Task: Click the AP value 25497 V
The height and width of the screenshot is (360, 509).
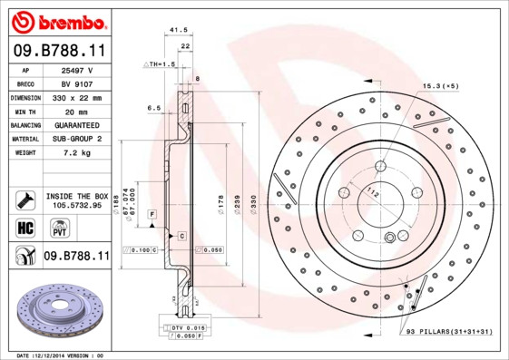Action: tap(77, 69)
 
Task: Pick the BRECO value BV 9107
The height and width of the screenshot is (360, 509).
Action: tap(77, 83)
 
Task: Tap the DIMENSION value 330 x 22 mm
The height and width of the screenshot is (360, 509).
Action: tap(77, 97)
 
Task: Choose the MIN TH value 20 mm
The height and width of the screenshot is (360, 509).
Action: tap(77, 111)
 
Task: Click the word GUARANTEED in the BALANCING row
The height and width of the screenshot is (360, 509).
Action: tap(77, 124)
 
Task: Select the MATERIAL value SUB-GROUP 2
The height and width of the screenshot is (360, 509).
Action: tap(77, 139)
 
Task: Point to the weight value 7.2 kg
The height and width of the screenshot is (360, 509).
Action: tap(77, 152)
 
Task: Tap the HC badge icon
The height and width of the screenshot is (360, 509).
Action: tap(25, 227)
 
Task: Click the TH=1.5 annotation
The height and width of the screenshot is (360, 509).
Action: tap(162, 65)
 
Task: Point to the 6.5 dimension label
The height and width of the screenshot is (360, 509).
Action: tap(153, 107)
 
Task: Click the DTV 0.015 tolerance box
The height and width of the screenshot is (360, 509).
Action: tap(184, 327)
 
